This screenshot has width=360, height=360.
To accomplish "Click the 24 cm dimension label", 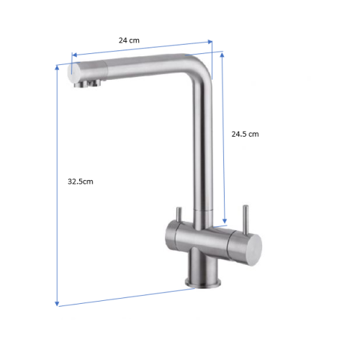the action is click(x=129, y=40).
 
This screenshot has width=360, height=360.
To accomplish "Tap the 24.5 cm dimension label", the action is click(x=245, y=134).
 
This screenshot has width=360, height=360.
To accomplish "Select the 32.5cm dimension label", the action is click(x=81, y=181).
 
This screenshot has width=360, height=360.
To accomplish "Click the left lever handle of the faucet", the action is click(x=179, y=215).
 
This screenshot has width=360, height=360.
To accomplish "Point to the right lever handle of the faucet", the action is click(x=246, y=220).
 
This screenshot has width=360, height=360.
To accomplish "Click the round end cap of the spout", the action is click(x=73, y=73).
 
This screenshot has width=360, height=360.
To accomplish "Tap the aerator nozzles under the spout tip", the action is click(x=87, y=84).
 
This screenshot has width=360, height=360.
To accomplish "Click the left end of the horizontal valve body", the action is click(x=171, y=234).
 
